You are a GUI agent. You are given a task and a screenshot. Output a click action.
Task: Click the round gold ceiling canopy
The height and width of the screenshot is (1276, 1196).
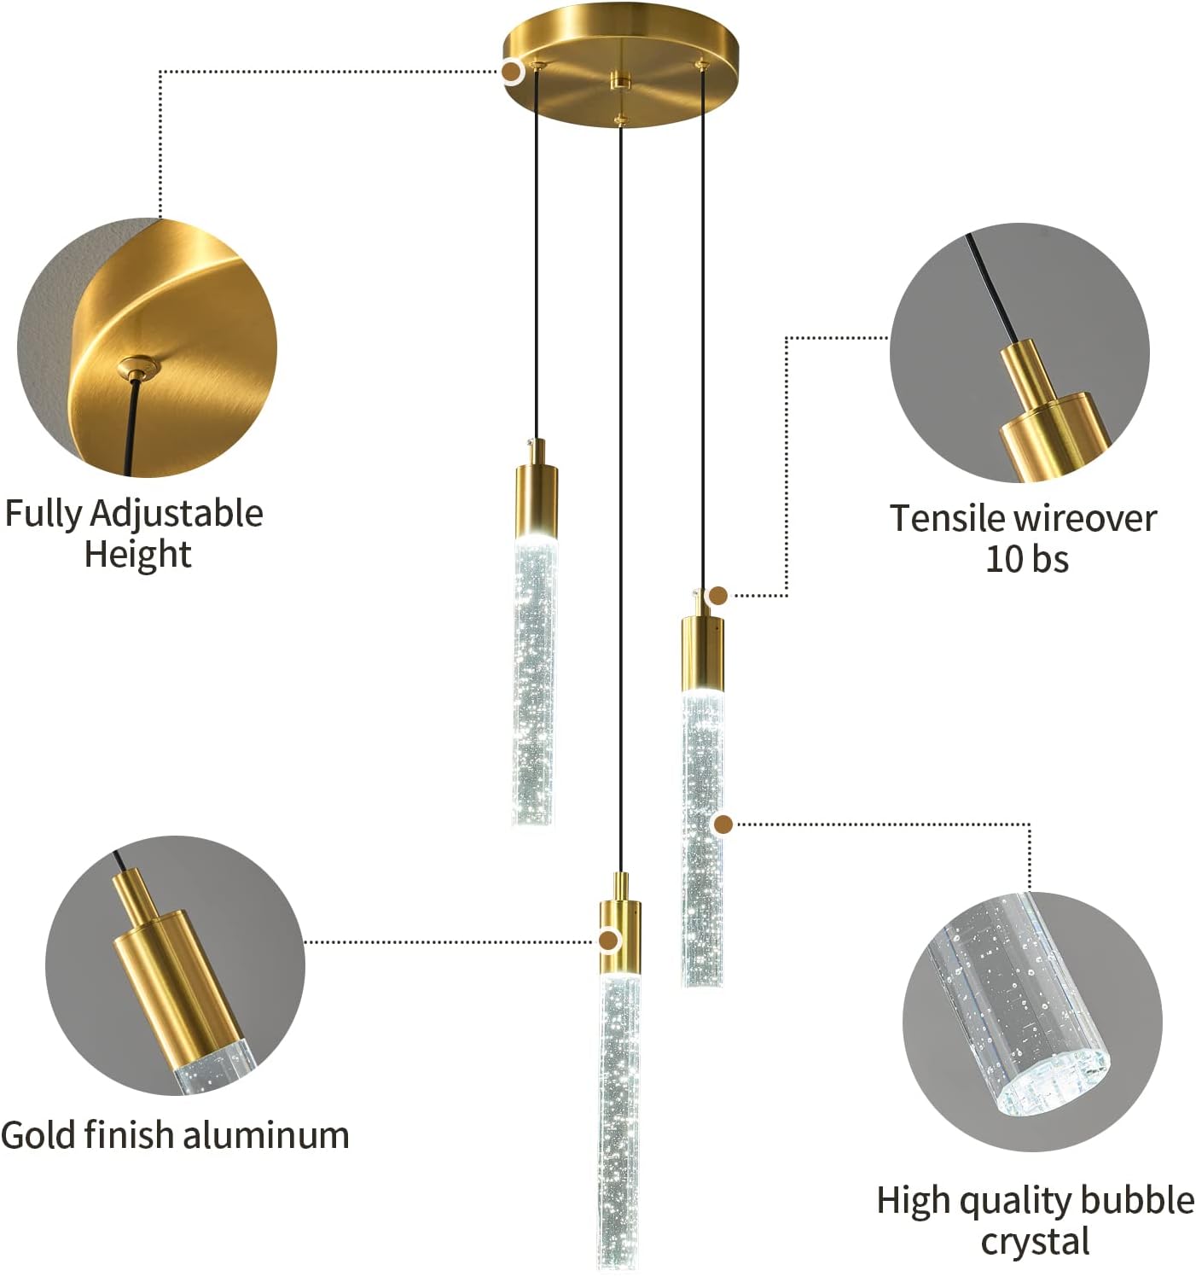(620, 64)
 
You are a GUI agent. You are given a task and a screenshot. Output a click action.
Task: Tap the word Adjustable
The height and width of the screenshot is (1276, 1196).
(177, 515)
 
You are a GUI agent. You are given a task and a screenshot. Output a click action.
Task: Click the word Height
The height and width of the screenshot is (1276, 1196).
(137, 554)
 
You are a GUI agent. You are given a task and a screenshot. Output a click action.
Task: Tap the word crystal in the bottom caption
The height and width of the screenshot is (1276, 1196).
(1035, 1241)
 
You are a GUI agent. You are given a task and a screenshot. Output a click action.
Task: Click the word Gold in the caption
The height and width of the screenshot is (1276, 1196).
(38, 1134)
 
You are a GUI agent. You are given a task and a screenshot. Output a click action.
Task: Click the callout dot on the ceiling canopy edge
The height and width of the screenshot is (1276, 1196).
(512, 71)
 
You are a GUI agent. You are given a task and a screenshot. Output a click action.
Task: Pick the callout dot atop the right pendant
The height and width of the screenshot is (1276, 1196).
(719, 596)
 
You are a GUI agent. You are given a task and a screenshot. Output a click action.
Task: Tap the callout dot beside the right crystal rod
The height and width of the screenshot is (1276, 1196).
(724, 824)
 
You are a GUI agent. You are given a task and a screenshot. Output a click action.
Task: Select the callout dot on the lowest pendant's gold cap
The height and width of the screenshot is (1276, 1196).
(608, 941)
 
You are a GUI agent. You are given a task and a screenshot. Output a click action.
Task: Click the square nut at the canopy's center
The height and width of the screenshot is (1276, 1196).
(620, 81)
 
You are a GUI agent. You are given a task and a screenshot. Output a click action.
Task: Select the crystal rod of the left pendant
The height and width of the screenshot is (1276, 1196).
(534, 681)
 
